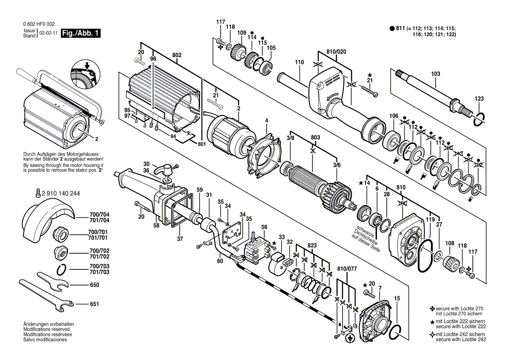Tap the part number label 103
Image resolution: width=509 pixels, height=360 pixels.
(436, 75)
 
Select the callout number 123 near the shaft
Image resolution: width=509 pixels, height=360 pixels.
(479, 99)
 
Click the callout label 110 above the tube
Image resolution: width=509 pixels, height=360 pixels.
(299, 62)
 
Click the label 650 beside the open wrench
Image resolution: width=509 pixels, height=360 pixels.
(94, 285)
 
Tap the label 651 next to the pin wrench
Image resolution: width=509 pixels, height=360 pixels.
(94, 304)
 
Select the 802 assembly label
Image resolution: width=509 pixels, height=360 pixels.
(176, 55)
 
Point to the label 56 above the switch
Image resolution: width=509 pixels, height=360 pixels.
(264, 227)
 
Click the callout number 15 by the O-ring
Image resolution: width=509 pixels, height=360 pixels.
(397, 298)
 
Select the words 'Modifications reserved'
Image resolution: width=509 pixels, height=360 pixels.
(48, 329)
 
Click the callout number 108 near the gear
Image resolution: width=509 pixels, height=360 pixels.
(450, 243)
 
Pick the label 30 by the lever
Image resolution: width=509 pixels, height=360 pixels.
(146, 164)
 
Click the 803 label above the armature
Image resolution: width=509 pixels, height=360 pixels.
(316, 138)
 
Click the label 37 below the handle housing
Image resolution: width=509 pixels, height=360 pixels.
(180, 239)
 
